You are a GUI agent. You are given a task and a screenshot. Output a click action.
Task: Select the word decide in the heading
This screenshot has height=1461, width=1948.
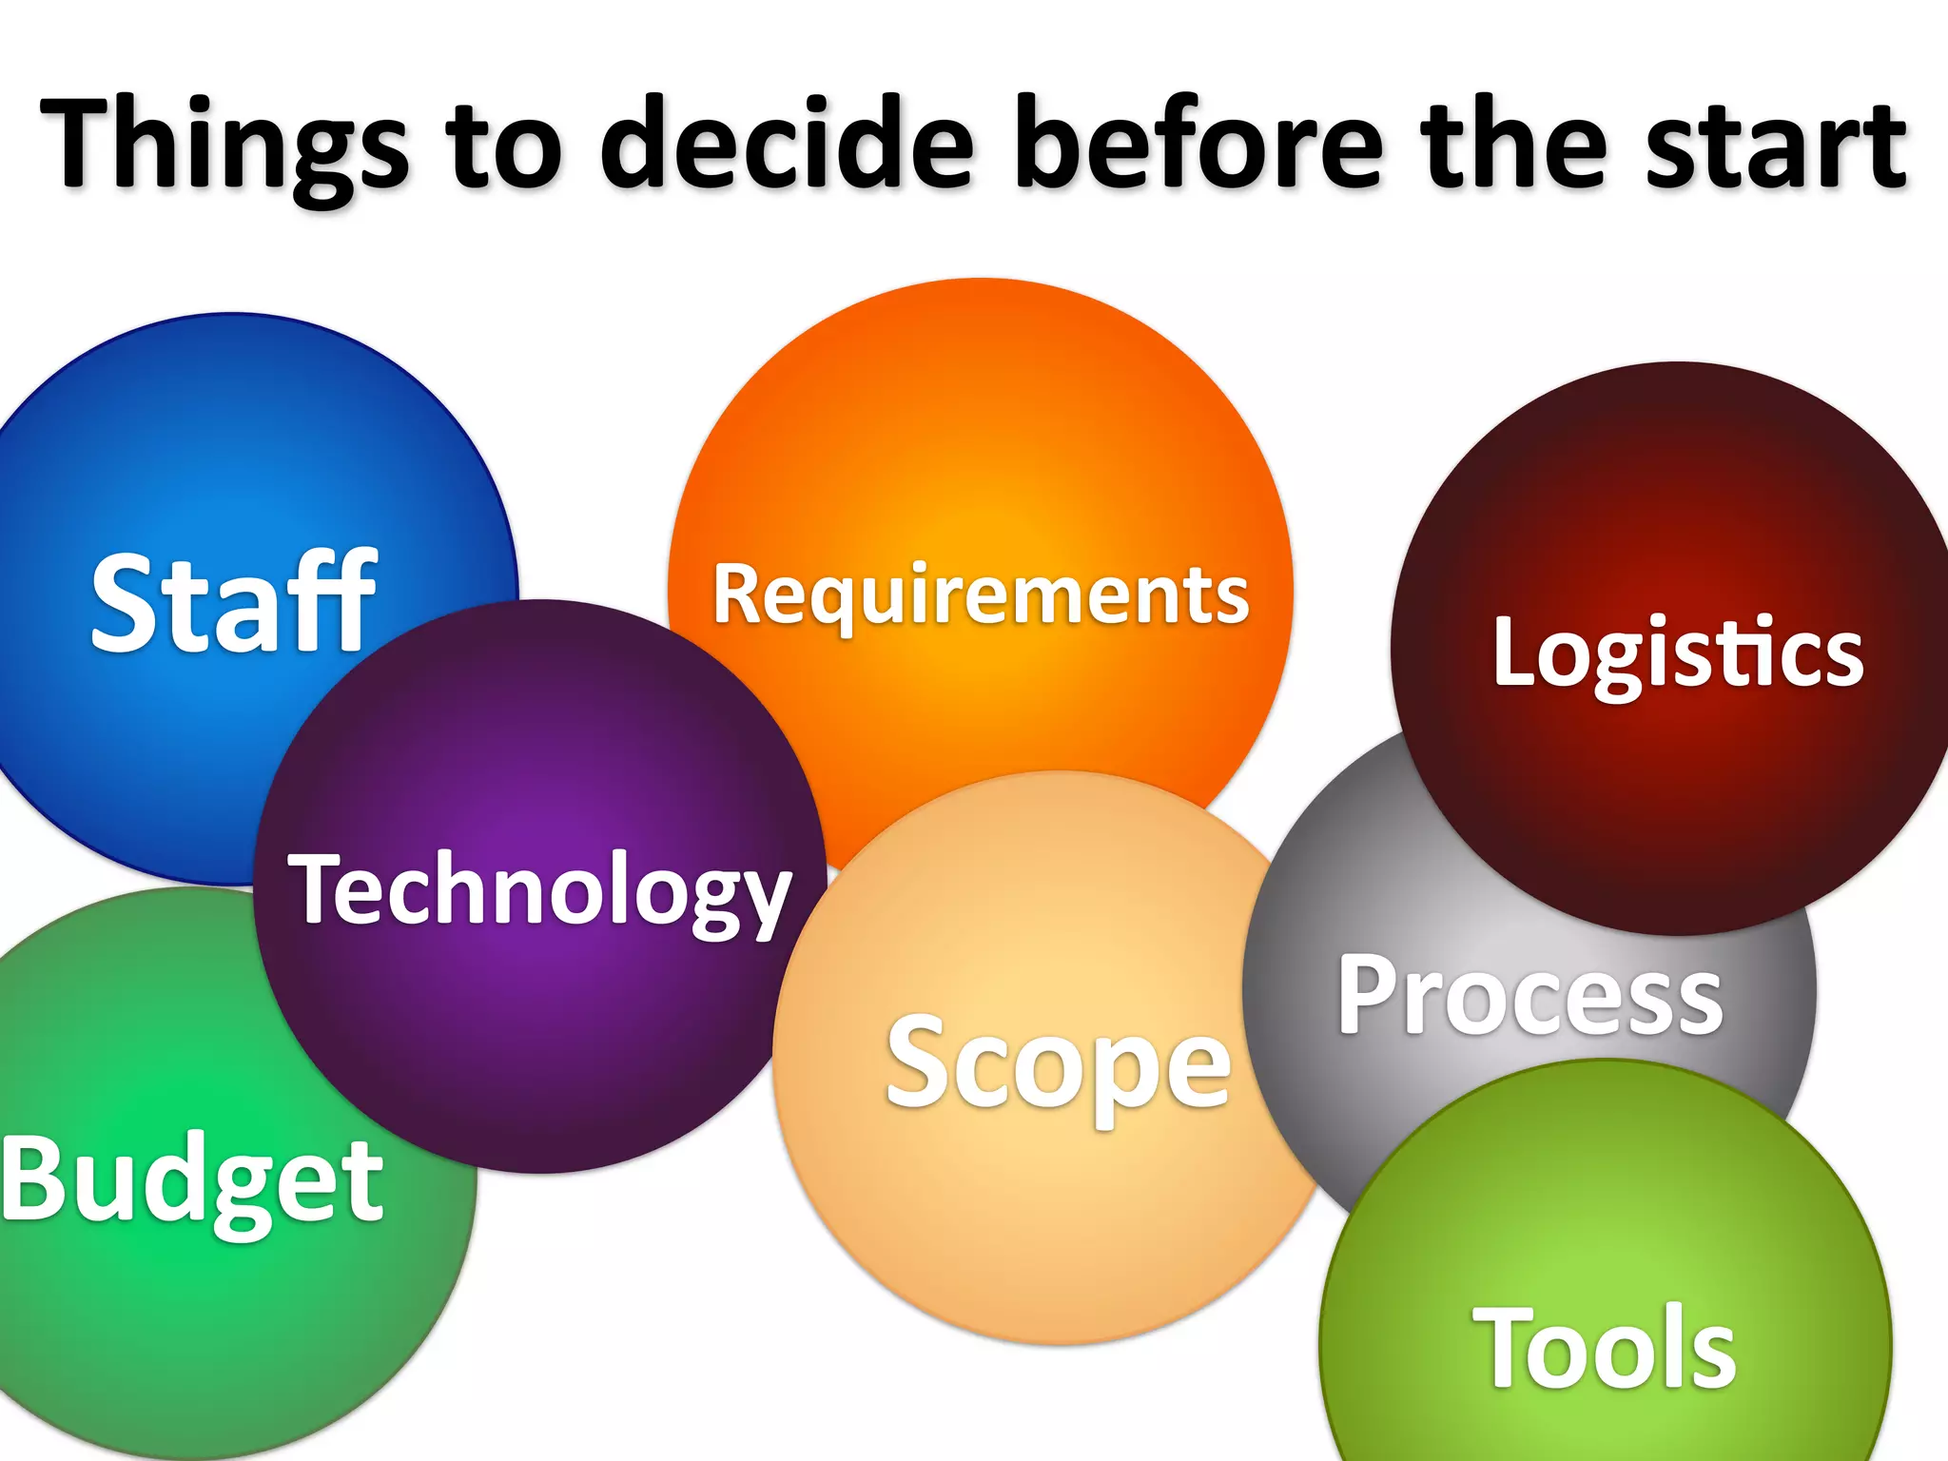[x=788, y=143]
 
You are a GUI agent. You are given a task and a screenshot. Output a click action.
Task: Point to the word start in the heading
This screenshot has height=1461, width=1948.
[x=1777, y=145]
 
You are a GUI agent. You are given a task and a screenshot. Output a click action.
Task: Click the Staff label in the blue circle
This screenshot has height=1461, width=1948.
[x=234, y=603]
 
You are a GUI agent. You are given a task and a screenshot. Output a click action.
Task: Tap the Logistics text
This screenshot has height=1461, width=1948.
[x=1678, y=653]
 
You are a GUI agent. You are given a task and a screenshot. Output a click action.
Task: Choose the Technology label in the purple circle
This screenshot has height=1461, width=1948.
[x=540, y=889]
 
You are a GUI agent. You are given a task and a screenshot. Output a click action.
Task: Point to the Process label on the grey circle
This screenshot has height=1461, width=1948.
[x=1529, y=995]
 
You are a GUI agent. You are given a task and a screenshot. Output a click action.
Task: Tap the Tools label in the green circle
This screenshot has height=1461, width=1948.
[x=1605, y=1349]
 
